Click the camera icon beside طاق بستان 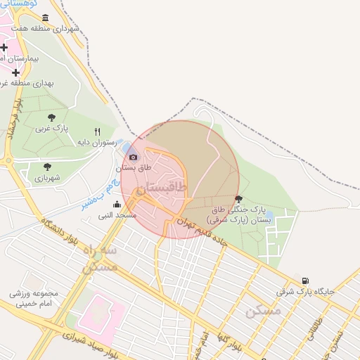point(134,156)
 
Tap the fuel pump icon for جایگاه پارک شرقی point(304,280)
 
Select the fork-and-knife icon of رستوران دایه point(97,131)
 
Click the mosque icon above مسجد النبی point(117,204)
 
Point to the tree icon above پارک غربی point(51,118)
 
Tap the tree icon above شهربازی point(47,167)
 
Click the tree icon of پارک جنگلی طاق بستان point(238,199)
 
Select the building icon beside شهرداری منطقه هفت point(46,18)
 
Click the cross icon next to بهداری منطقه point(15,72)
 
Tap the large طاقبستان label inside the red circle point(162,188)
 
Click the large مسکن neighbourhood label point(264,310)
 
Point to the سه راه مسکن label point(99,259)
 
